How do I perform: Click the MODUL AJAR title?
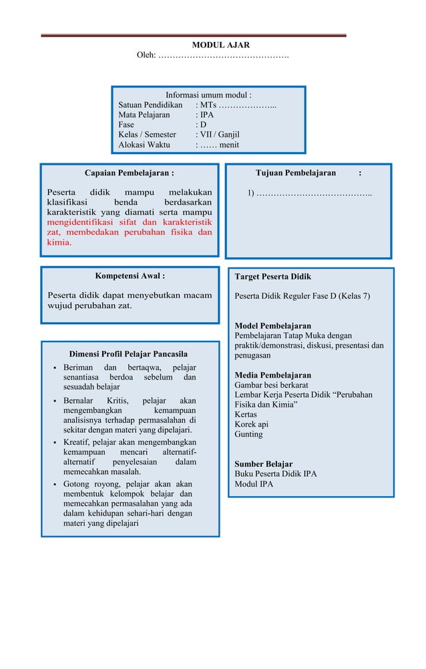tap(221, 45)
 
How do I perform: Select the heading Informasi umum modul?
tap(208, 95)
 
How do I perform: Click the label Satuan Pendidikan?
tap(150, 105)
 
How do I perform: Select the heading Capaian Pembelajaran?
tap(130, 173)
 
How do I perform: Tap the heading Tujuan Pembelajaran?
tap(296, 173)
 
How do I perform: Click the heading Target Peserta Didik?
tap(272, 277)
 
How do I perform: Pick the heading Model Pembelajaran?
tap(272, 326)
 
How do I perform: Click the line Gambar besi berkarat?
tap(271, 385)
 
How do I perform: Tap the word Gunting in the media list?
tap(248, 434)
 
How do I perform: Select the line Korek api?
tap(251, 424)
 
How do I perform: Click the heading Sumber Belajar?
tap(263, 464)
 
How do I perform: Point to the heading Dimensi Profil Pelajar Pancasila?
tap(128, 354)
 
